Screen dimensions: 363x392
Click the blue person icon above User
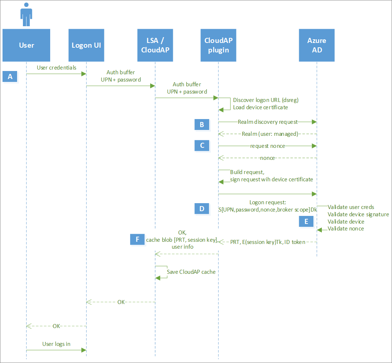click(26, 15)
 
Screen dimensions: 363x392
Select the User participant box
click(26, 45)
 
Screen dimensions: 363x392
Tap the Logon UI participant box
click(86, 45)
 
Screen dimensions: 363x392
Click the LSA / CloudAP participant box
click(155, 45)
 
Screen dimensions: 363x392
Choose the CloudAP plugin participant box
click(218, 45)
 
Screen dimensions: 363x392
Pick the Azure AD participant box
click(316, 45)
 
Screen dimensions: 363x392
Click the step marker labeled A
click(10, 76)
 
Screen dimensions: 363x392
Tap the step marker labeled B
click(202, 125)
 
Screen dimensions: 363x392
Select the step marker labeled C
click(202, 146)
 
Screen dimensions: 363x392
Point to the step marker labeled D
click(202, 209)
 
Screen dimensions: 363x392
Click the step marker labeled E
click(306, 221)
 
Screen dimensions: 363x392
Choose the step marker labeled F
click(137, 239)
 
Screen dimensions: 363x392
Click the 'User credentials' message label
click(57, 68)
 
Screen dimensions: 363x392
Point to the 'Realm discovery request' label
click(268, 122)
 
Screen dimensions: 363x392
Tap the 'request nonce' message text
click(268, 146)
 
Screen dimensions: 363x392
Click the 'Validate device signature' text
click(358, 214)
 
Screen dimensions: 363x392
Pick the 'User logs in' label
click(56, 344)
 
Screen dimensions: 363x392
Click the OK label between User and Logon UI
click(56, 326)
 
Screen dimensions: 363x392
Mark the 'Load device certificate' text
click(260, 107)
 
